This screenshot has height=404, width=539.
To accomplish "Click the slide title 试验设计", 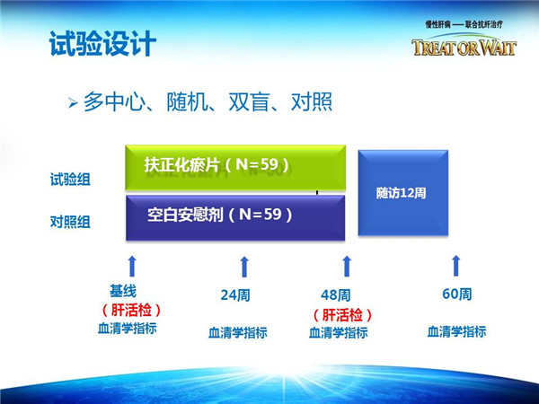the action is click(x=102, y=44).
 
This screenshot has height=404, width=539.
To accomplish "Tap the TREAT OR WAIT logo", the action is click(x=464, y=47).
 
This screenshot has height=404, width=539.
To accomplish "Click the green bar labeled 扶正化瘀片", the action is click(x=235, y=167).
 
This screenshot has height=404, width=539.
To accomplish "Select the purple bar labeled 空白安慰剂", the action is click(x=235, y=218).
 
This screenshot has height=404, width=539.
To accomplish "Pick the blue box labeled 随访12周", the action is click(x=402, y=193).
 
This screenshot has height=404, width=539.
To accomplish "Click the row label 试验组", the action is click(x=70, y=180).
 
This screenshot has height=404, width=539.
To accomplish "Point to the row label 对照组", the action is click(x=70, y=222).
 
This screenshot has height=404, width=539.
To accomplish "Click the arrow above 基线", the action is click(x=132, y=266).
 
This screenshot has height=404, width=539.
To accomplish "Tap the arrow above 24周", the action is click(x=244, y=267).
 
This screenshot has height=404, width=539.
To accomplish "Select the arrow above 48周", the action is click(x=347, y=266).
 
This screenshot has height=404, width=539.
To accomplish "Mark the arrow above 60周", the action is click(x=455, y=266).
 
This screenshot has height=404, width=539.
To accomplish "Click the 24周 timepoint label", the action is click(x=235, y=295).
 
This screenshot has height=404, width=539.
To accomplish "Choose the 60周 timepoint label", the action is click(x=457, y=294).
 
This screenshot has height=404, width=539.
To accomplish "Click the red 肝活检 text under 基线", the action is click(x=131, y=311).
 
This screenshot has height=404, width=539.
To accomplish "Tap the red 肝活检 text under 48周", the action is click(x=342, y=315).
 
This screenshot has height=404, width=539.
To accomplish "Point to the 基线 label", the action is click(x=123, y=291).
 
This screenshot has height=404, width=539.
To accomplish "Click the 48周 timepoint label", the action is click(x=335, y=295).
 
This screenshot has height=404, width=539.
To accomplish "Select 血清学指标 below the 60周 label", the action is click(x=456, y=331).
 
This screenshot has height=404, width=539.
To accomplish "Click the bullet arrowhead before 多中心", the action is click(x=73, y=102).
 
